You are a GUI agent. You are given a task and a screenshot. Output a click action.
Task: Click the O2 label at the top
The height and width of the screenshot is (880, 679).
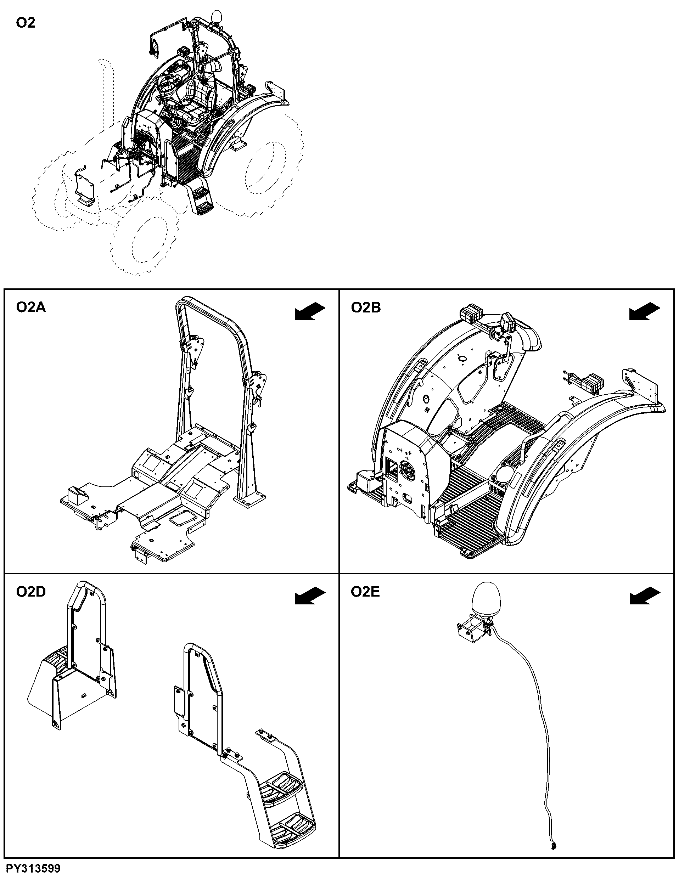pyautogui.click(x=26, y=23)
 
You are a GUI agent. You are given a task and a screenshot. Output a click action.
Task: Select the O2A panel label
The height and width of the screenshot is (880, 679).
pyautogui.click(x=31, y=308)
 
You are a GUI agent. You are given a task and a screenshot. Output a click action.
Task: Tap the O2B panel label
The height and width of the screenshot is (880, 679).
pyautogui.click(x=366, y=308)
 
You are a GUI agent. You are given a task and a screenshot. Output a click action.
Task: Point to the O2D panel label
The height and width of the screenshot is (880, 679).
pyautogui.click(x=31, y=592)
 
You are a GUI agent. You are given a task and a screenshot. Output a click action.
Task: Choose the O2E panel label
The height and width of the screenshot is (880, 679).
pyautogui.click(x=365, y=592)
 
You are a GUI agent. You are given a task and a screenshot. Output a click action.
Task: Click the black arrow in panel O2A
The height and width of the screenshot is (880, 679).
pyautogui.click(x=310, y=312)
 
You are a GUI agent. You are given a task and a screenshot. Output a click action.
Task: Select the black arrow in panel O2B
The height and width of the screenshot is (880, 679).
pyautogui.click(x=645, y=312)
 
